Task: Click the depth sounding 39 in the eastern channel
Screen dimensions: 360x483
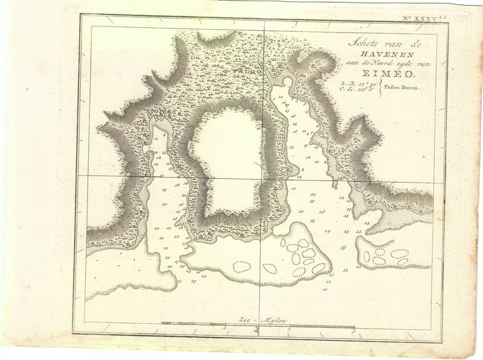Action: pos(343,248)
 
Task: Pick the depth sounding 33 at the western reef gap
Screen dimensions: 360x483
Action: pos(179,281)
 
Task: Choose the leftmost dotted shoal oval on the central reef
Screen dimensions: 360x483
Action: pos(241,266)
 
